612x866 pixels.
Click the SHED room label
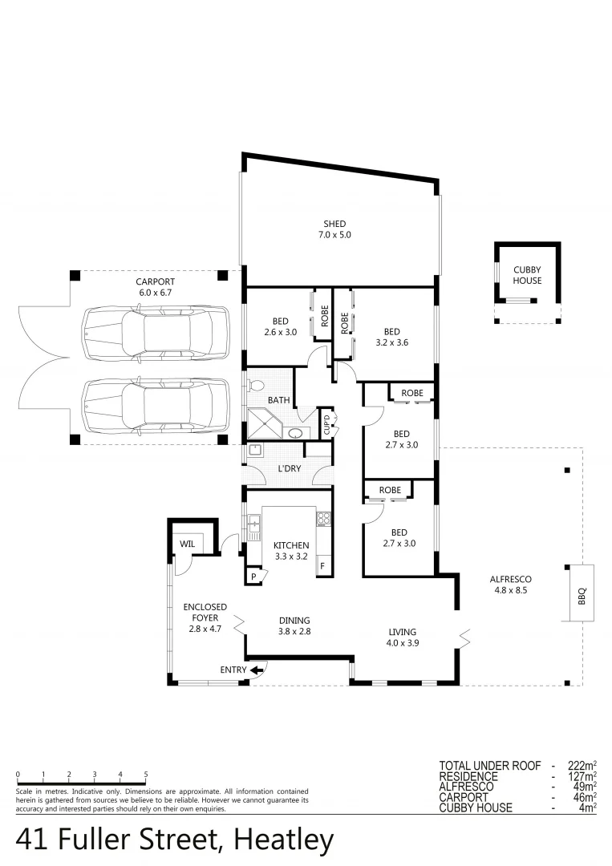pos(334,224)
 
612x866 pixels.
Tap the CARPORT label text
pos(156,282)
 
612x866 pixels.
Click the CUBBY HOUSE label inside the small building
pos(527,276)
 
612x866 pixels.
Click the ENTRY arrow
pos(257,670)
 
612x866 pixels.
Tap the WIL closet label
pos(188,544)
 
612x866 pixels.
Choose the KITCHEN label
pos(290,545)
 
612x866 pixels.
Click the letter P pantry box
pos(254,577)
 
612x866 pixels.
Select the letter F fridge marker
pos(322,566)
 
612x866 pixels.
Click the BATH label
pos(279,399)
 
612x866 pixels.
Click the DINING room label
pos(294,620)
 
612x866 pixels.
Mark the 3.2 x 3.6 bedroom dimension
pos(391,342)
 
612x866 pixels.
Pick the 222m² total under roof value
pos(583,766)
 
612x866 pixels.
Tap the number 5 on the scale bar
pos(146,774)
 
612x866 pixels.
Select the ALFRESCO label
pos(513,579)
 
